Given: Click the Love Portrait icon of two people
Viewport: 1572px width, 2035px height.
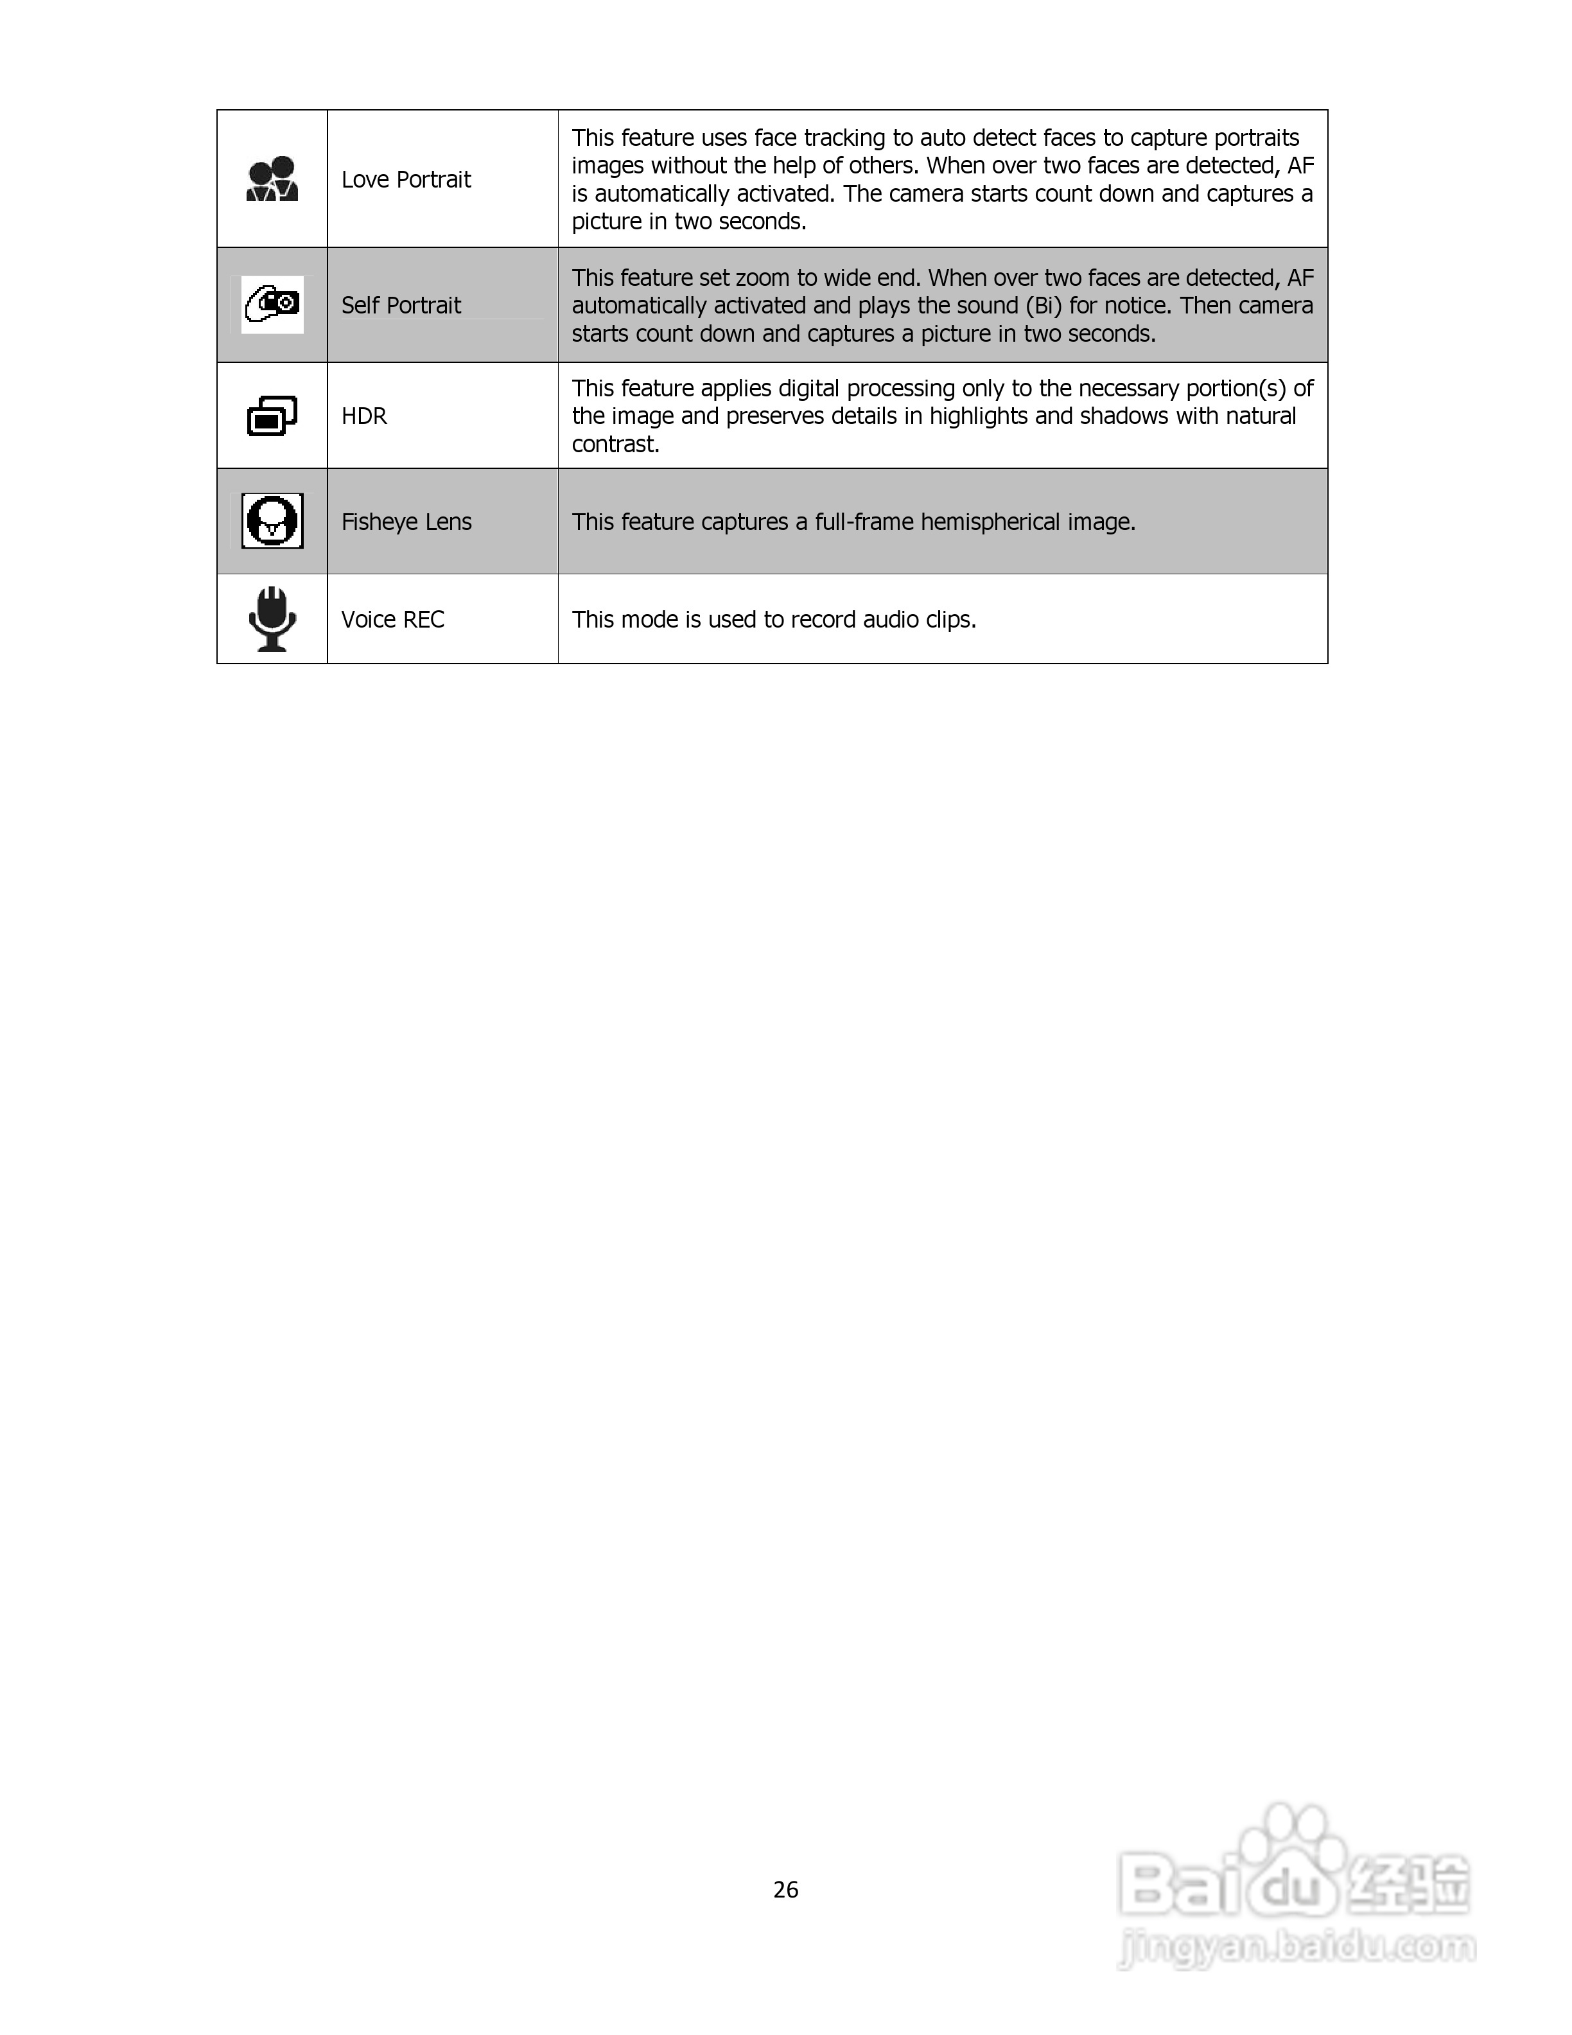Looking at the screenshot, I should [272, 179].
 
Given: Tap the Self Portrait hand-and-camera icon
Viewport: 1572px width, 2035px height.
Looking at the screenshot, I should [272, 304].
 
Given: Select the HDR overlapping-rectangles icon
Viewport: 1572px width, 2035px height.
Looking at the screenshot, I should [272, 416].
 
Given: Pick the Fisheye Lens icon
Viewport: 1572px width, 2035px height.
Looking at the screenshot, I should [272, 521].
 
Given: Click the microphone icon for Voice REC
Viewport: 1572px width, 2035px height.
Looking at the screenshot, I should [272, 619].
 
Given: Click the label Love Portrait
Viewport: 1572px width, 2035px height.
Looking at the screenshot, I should [406, 180].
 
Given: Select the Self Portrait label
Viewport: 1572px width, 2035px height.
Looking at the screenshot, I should [401, 306].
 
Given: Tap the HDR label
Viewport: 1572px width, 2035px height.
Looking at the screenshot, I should [363, 416].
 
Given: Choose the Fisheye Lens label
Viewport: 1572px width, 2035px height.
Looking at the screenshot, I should [406, 522].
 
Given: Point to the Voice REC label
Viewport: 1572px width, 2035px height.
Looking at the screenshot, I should [392, 620].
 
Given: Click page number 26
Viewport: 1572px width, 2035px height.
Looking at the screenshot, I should [785, 1890].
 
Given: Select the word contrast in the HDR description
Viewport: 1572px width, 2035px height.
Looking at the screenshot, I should [615, 445].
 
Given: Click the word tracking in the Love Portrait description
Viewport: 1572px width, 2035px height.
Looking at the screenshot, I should [844, 138].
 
